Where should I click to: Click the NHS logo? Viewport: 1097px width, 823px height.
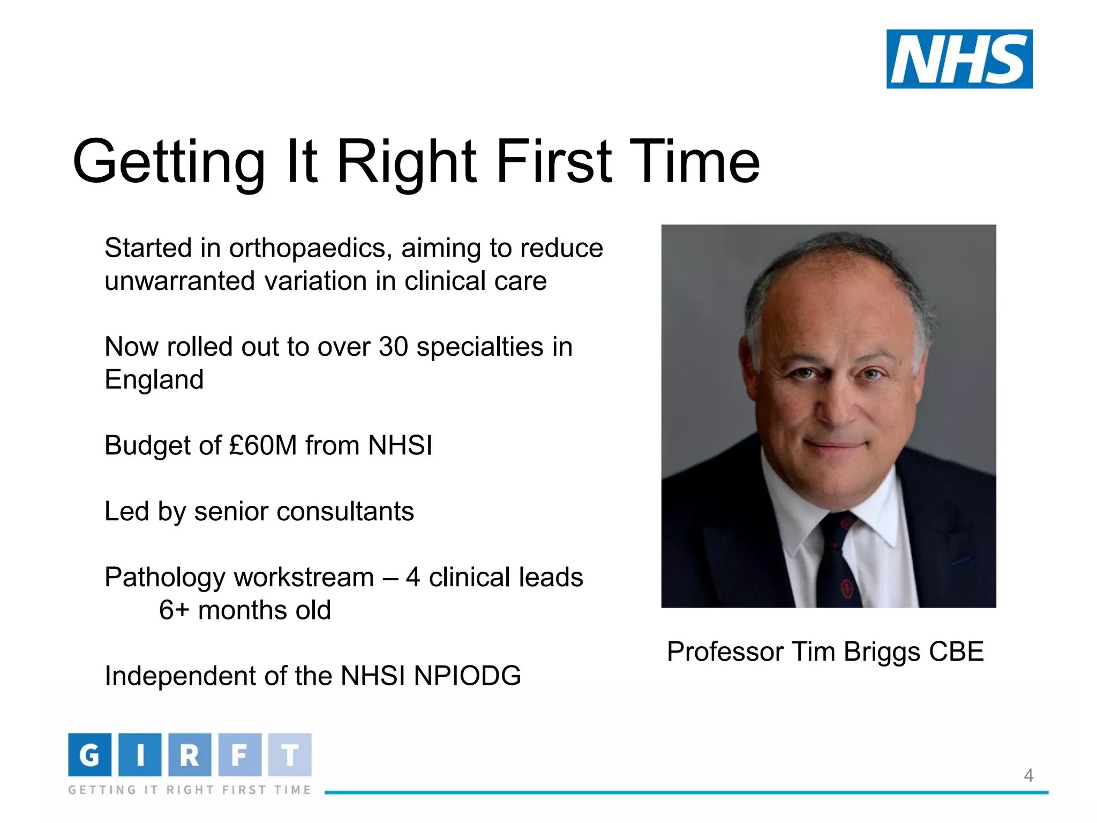[959, 59]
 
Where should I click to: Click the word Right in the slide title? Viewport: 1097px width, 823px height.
[406, 162]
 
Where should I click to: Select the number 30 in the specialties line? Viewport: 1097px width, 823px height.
[393, 347]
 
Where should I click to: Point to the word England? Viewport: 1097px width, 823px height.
[154, 380]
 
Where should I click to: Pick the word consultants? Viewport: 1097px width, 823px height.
[345, 511]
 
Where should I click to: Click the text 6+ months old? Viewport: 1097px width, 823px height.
[245, 610]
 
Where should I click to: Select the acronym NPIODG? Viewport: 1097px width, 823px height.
[467, 676]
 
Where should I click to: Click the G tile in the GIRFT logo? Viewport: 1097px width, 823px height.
[89, 755]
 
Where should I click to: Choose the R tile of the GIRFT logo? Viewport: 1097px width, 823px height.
[190, 755]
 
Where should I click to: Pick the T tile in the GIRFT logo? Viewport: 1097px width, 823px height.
[290, 755]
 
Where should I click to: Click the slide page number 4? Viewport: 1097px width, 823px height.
[1028, 775]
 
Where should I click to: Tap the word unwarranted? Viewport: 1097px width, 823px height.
[179, 281]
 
